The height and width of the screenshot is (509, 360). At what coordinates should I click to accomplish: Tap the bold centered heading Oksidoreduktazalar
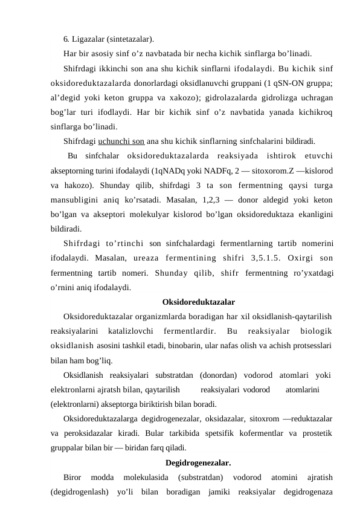[199, 301]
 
